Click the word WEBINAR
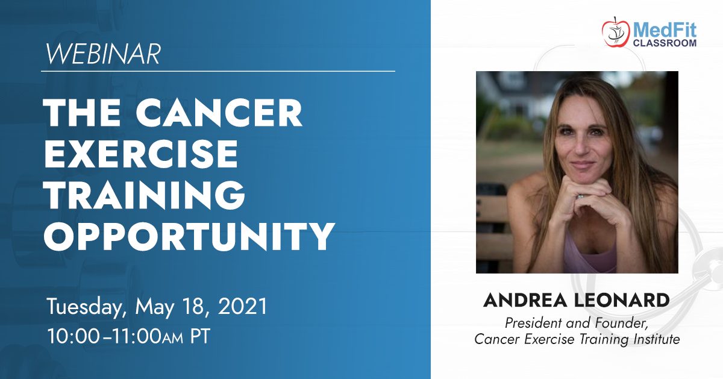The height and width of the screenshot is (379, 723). (103, 54)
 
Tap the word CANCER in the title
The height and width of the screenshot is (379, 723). (219, 113)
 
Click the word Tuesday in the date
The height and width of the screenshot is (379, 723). (86, 307)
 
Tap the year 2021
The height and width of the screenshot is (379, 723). (243, 305)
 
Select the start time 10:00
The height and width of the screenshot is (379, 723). (74, 336)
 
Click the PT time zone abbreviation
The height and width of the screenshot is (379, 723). (200, 336)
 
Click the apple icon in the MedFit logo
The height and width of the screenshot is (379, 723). (615, 32)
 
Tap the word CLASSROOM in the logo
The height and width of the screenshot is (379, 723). (665, 43)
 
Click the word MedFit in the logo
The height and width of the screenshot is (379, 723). (665, 30)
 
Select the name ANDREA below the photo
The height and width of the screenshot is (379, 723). (525, 300)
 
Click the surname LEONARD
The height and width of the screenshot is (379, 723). (622, 300)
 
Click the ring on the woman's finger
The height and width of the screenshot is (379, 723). (580, 196)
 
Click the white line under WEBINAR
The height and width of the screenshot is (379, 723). (218, 70)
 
